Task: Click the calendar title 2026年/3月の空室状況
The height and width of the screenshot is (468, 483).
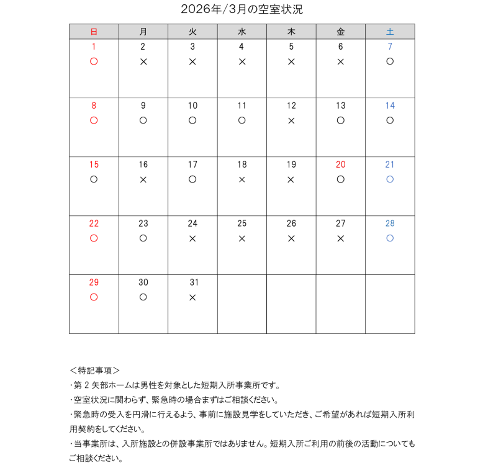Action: (x=241, y=9)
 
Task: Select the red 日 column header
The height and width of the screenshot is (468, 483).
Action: (x=94, y=32)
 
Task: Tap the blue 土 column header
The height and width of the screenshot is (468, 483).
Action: (x=390, y=32)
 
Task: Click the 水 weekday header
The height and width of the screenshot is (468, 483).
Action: (x=242, y=32)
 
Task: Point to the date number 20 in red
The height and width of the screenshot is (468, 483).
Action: (x=340, y=164)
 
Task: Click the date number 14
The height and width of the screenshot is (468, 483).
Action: (x=390, y=106)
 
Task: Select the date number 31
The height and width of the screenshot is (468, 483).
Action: (x=192, y=282)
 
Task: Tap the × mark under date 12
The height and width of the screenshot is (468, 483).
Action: (x=291, y=120)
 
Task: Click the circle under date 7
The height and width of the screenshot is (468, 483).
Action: (x=390, y=61)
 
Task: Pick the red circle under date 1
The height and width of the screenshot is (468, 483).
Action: (x=94, y=61)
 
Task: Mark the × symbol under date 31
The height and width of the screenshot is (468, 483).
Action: (x=192, y=297)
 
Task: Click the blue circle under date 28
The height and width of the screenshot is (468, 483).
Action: (x=390, y=238)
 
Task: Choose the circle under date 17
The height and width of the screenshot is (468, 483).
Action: (x=192, y=179)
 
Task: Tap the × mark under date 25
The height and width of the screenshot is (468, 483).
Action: (x=242, y=238)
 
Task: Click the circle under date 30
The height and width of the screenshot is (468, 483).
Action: (x=143, y=297)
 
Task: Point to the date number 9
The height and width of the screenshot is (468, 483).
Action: (x=143, y=106)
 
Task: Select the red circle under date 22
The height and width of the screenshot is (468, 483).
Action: (x=94, y=238)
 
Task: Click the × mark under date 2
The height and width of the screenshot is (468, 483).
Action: (x=143, y=61)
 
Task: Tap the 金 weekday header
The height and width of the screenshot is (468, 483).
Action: (x=341, y=32)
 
